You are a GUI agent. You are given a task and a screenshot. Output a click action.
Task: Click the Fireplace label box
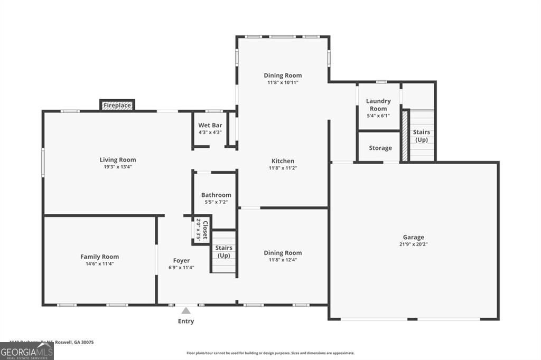pos(117,106)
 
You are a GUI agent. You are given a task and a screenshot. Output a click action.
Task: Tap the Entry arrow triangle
pos(186,311)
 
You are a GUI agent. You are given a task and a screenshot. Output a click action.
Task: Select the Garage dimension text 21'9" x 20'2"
pos(414,244)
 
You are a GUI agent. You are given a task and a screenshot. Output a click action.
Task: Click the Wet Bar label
pos(210,125)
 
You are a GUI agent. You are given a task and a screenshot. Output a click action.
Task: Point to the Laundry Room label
pos(378,105)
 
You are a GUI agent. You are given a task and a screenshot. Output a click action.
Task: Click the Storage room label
pos(380,148)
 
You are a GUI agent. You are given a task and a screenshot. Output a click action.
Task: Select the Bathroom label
pos(216,195)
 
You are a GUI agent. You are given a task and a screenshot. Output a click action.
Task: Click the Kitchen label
pos(283,161)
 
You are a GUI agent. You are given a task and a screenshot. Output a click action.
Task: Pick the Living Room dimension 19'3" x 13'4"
pos(118,167)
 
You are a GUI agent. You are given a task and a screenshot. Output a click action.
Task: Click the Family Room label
pos(99,257)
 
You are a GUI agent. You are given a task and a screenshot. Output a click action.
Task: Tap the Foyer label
pos(181,261)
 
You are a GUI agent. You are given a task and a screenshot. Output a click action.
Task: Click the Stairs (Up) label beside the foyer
pos(223,252)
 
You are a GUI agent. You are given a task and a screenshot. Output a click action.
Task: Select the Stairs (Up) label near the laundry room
pos(421,136)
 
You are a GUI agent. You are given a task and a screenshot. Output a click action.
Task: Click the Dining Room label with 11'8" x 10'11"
pos(283,75)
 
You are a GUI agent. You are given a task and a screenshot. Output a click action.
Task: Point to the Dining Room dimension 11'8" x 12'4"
pos(283,260)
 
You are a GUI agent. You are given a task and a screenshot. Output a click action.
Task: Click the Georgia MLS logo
pos(26,351)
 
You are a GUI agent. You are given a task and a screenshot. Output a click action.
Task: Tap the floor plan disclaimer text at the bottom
pos(270,353)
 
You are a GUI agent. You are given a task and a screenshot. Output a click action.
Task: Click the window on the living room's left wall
pos(43,160)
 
